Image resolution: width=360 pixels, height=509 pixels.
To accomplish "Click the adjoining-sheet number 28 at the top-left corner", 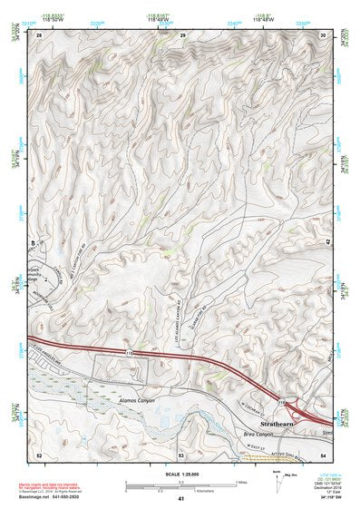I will [x=39, y=34].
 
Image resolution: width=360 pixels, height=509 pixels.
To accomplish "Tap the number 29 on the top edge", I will [x=182, y=34].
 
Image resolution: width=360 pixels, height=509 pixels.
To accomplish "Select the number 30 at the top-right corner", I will [x=324, y=34].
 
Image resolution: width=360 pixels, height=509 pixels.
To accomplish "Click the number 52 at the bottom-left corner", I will [x=39, y=453].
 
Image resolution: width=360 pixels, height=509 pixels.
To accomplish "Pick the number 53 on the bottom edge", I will [x=180, y=453].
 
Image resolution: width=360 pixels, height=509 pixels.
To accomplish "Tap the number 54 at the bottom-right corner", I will [x=324, y=453].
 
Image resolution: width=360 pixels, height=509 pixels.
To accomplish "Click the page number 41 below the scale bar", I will [x=180, y=498].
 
